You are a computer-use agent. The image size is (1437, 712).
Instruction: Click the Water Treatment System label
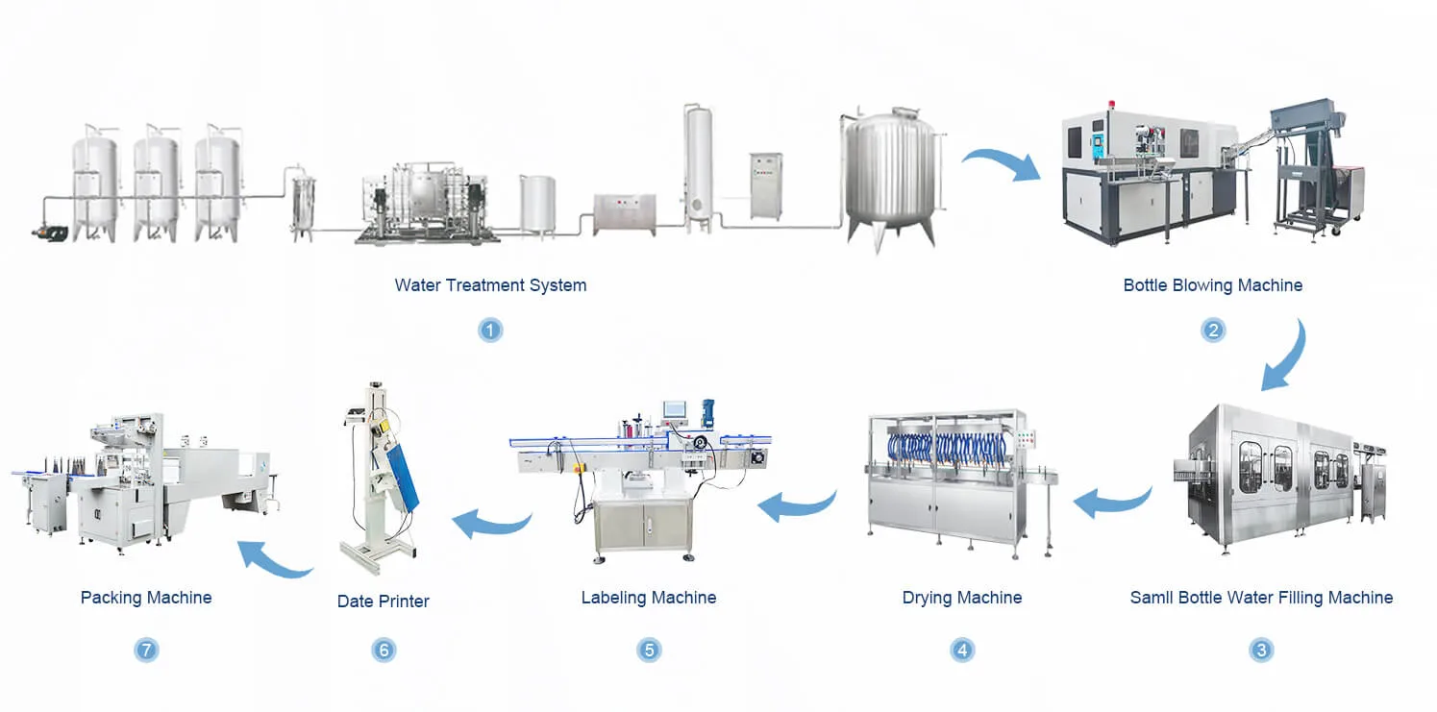[490, 285]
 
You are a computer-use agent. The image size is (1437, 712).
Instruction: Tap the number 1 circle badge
[490, 331]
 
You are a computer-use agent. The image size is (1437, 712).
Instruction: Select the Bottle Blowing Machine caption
[1212, 285]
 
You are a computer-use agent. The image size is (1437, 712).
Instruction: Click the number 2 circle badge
[1212, 331]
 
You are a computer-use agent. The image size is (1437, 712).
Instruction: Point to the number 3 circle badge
[1261, 650]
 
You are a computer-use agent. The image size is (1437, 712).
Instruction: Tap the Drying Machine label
[961, 598]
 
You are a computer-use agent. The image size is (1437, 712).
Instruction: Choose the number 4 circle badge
[961, 650]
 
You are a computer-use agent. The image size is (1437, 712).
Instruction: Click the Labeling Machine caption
[649, 598]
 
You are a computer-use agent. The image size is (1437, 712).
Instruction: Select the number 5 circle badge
[649, 650]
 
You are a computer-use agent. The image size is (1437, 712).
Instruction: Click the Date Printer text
[383, 602]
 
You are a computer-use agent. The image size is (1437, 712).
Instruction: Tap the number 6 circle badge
[384, 650]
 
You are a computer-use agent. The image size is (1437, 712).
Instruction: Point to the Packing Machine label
[146, 598]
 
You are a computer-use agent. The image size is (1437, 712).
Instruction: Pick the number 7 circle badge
[146, 650]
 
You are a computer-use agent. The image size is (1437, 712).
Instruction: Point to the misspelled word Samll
[1152, 598]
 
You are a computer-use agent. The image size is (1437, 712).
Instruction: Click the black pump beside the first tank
[50, 233]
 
